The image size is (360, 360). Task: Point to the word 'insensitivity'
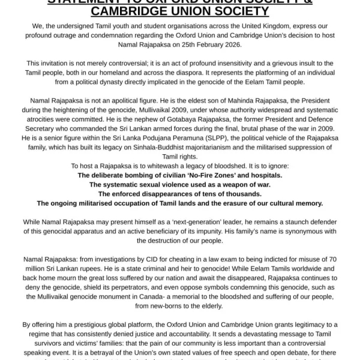point(229,62)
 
